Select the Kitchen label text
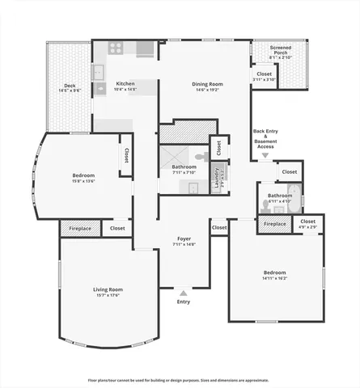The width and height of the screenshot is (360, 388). [x=125, y=84]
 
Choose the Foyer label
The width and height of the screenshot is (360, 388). [x=184, y=239]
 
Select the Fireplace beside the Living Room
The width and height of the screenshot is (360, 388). [x=79, y=229]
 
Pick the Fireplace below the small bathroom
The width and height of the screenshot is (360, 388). [x=275, y=224]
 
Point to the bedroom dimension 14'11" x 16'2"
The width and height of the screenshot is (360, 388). [x=274, y=277]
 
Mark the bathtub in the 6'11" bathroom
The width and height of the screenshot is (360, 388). [x=294, y=196]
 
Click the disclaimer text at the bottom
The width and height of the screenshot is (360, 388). [x=179, y=380]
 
